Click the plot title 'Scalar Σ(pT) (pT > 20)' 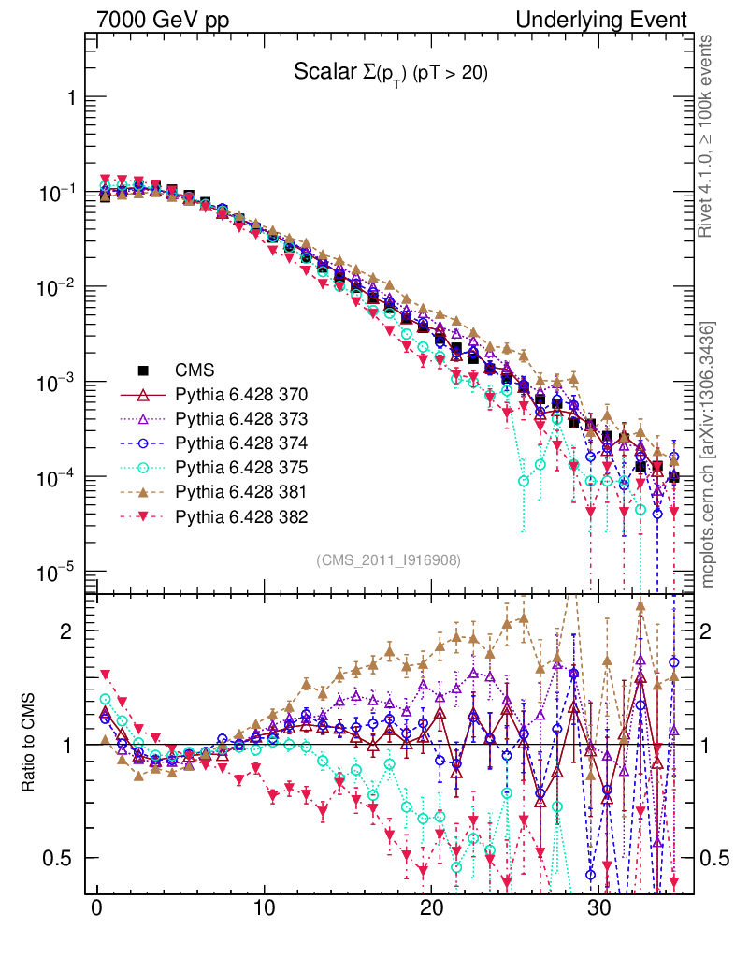[391, 73]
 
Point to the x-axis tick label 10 [265, 909]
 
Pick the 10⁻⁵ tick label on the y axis [58, 572]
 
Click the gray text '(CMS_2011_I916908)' [389, 559]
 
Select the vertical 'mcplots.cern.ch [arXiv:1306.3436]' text [709, 455]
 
